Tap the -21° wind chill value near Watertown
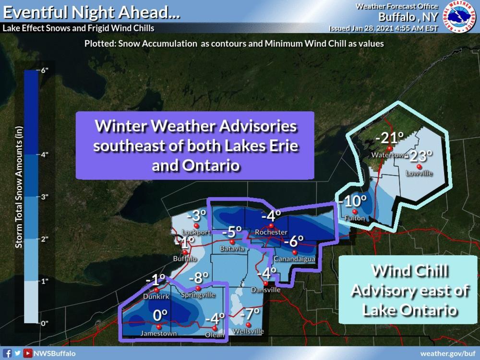click(388, 139)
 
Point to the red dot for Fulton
click(355, 212)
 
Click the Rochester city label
click(272, 232)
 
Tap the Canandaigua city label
click(294, 259)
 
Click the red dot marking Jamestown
click(159, 326)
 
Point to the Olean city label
click(216, 335)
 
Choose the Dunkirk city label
click(156, 297)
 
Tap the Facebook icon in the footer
click(8, 353)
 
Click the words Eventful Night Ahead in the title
click(92, 12)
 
